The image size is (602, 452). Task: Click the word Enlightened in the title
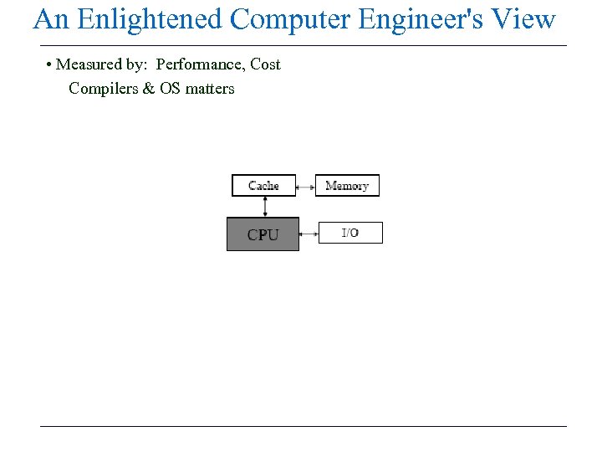pyautogui.click(x=150, y=19)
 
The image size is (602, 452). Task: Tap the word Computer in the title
pyautogui.click(x=290, y=19)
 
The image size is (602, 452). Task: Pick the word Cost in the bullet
pyautogui.click(x=265, y=64)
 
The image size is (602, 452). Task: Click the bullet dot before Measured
pyautogui.click(x=50, y=65)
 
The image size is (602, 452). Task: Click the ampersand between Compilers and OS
pyautogui.click(x=149, y=89)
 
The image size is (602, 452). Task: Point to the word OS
pyautogui.click(x=171, y=89)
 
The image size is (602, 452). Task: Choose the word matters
pyautogui.click(x=210, y=89)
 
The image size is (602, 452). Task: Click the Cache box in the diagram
pyautogui.click(x=263, y=185)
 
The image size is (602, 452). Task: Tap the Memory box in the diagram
pyautogui.click(x=347, y=185)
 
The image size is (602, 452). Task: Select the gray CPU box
pyautogui.click(x=263, y=234)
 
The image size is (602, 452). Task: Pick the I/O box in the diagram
pyautogui.click(x=350, y=233)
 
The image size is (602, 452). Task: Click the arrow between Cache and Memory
pyautogui.click(x=305, y=185)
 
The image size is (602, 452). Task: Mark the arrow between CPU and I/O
pyautogui.click(x=309, y=234)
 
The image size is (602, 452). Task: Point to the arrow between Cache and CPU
pyautogui.click(x=265, y=207)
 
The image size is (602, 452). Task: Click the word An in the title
pyautogui.click(x=51, y=19)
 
